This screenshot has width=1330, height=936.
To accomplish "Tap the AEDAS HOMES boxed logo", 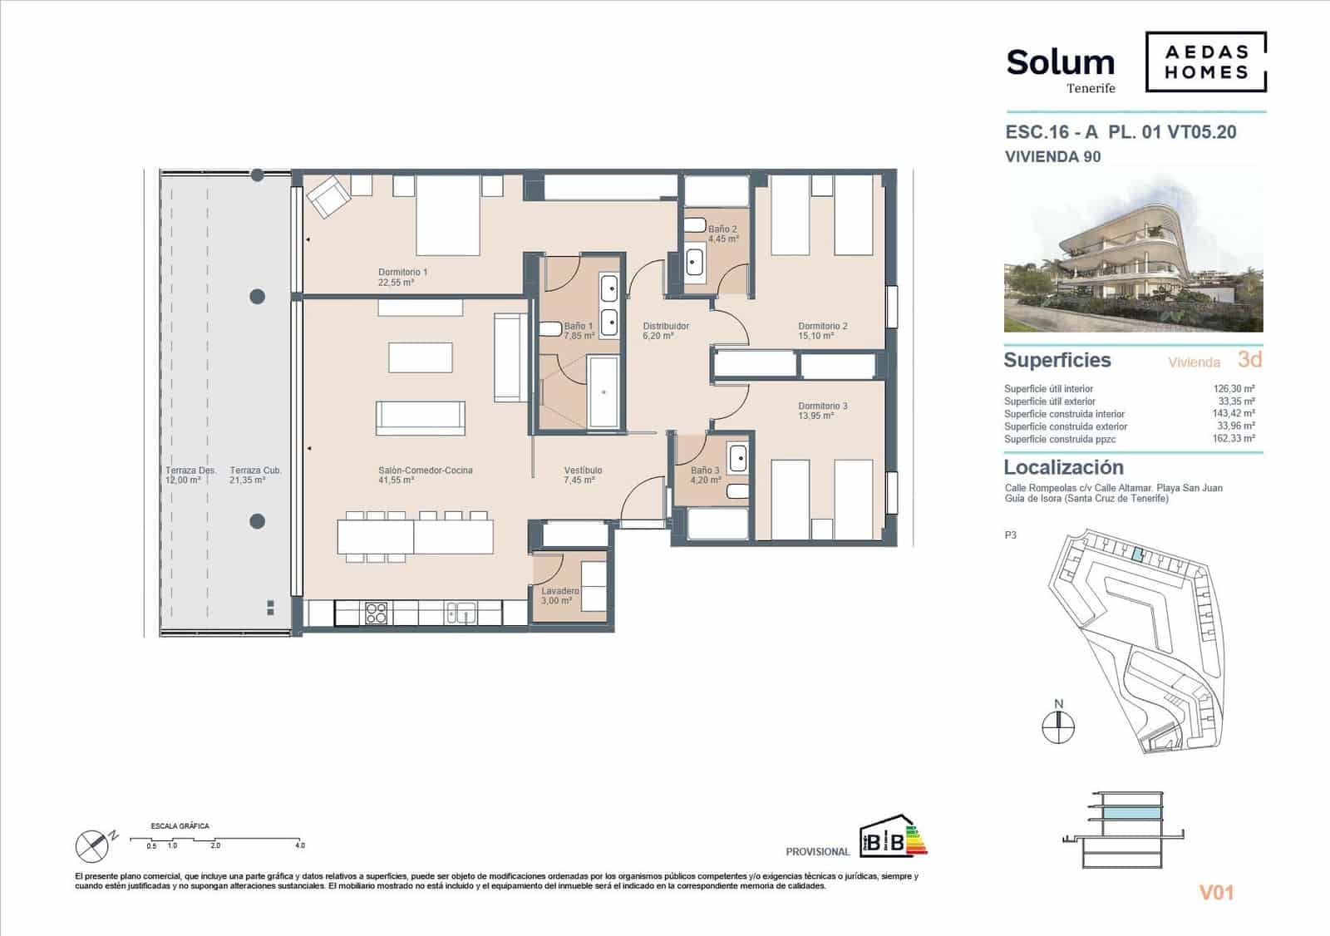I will (1206, 62).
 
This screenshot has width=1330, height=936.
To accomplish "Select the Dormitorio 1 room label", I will (402, 277).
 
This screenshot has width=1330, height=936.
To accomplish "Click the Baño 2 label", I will (722, 234).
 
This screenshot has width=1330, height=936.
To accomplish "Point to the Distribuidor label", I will (666, 331).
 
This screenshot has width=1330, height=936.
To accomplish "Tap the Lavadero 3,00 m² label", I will (559, 595).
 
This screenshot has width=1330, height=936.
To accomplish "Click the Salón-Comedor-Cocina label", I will (425, 475).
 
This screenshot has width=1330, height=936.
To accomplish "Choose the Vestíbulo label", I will (583, 475).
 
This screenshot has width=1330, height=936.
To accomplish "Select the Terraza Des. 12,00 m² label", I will (190, 475).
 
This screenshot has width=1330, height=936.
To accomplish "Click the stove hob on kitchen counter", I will (376, 613).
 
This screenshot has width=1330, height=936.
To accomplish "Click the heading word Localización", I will (1063, 467).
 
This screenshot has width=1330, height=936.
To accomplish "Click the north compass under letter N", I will (1058, 727).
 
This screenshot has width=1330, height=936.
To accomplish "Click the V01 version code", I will (1216, 893).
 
